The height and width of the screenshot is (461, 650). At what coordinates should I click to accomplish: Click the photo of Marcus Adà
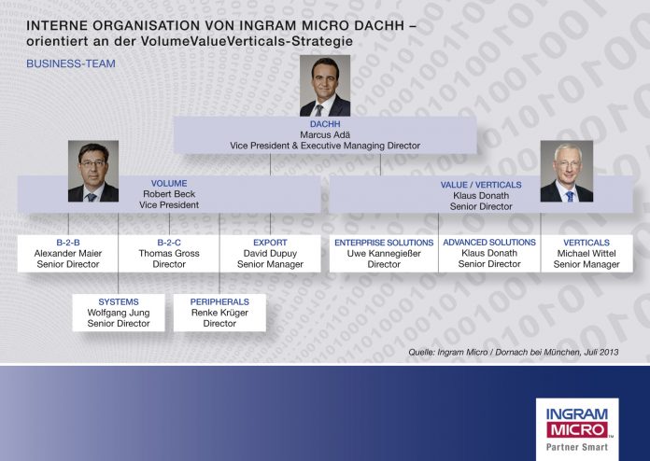tap(324, 86)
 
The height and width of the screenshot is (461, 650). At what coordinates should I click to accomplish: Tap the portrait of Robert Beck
tap(93, 171)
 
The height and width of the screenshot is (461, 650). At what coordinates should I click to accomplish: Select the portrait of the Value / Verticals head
tap(566, 173)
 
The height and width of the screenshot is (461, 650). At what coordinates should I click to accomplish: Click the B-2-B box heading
tap(67, 243)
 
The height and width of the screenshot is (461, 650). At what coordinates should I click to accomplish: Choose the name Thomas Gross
tap(169, 254)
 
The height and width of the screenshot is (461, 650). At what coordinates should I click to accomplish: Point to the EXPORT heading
tap(270, 243)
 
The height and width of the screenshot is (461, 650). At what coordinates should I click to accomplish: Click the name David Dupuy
tap(270, 254)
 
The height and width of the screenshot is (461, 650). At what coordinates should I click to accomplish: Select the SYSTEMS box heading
tap(119, 302)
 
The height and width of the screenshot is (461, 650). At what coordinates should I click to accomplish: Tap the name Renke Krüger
tap(219, 314)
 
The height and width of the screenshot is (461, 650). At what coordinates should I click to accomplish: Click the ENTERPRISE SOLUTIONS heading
tap(384, 243)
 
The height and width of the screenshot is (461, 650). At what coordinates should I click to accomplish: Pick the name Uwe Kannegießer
tap(384, 254)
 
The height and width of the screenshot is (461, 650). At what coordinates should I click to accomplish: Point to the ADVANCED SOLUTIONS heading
tap(489, 243)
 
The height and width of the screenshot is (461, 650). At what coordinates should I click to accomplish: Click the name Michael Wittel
tap(586, 254)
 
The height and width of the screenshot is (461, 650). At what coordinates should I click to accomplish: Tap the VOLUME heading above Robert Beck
tap(169, 184)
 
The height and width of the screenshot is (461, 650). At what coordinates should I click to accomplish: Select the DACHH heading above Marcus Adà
tap(325, 123)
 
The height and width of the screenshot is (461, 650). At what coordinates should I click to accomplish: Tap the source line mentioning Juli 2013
tap(514, 352)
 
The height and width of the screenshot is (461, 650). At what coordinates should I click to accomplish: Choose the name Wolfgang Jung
tap(119, 314)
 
